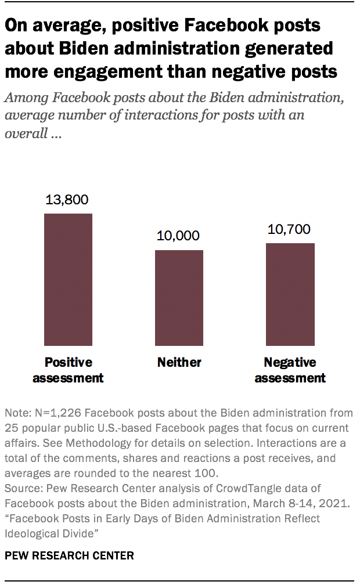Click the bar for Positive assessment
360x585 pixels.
click(x=69, y=279)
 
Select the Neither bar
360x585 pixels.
click(x=179, y=298)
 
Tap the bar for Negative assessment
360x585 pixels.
click(x=290, y=294)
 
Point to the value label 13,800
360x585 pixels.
click(x=68, y=200)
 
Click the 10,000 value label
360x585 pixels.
click(x=178, y=236)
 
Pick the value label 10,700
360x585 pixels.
click(x=290, y=229)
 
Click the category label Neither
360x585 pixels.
click(x=179, y=363)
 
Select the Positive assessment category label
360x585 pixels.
click(x=69, y=370)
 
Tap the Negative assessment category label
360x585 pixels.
click(x=290, y=370)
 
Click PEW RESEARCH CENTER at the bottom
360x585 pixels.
click(x=69, y=555)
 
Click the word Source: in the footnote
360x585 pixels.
click(x=22, y=489)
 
